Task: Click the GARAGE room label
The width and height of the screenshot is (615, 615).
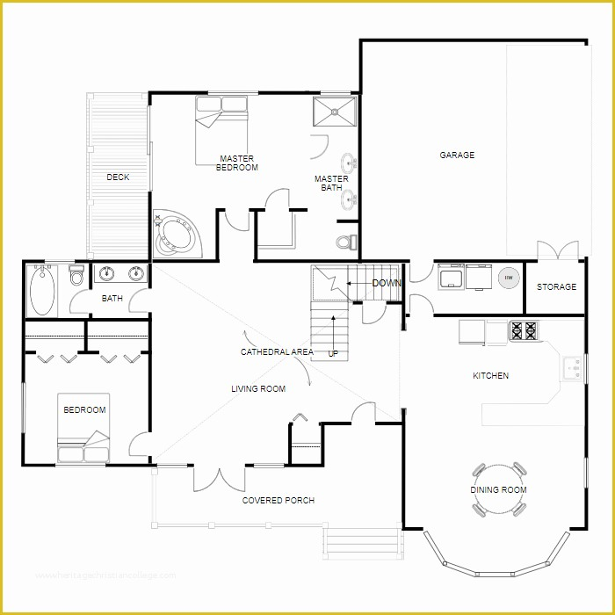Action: click(x=457, y=156)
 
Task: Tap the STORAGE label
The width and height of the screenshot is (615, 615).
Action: click(x=557, y=287)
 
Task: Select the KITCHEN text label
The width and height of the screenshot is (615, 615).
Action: click(x=490, y=376)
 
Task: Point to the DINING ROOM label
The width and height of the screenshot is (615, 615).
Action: click(x=497, y=490)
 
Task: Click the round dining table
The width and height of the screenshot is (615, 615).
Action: click(x=498, y=488)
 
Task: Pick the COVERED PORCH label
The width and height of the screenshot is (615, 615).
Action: click(x=278, y=501)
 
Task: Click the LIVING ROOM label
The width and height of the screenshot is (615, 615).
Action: click(x=258, y=389)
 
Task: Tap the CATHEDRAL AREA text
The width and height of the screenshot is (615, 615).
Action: click(x=277, y=352)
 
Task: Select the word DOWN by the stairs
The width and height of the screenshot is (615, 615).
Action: click(x=387, y=284)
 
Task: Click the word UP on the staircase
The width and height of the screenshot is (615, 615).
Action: click(x=333, y=354)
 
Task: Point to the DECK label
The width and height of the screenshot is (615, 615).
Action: click(x=118, y=177)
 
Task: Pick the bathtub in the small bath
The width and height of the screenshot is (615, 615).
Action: click(x=42, y=291)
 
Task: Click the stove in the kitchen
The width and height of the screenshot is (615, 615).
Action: click(x=525, y=331)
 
